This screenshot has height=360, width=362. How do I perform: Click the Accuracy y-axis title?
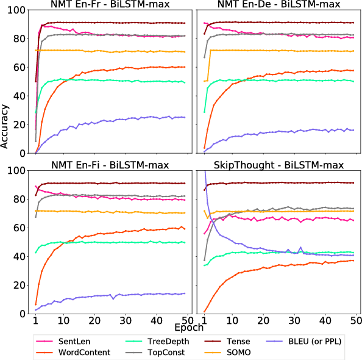5,126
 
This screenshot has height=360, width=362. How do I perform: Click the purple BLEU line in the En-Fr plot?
110,121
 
